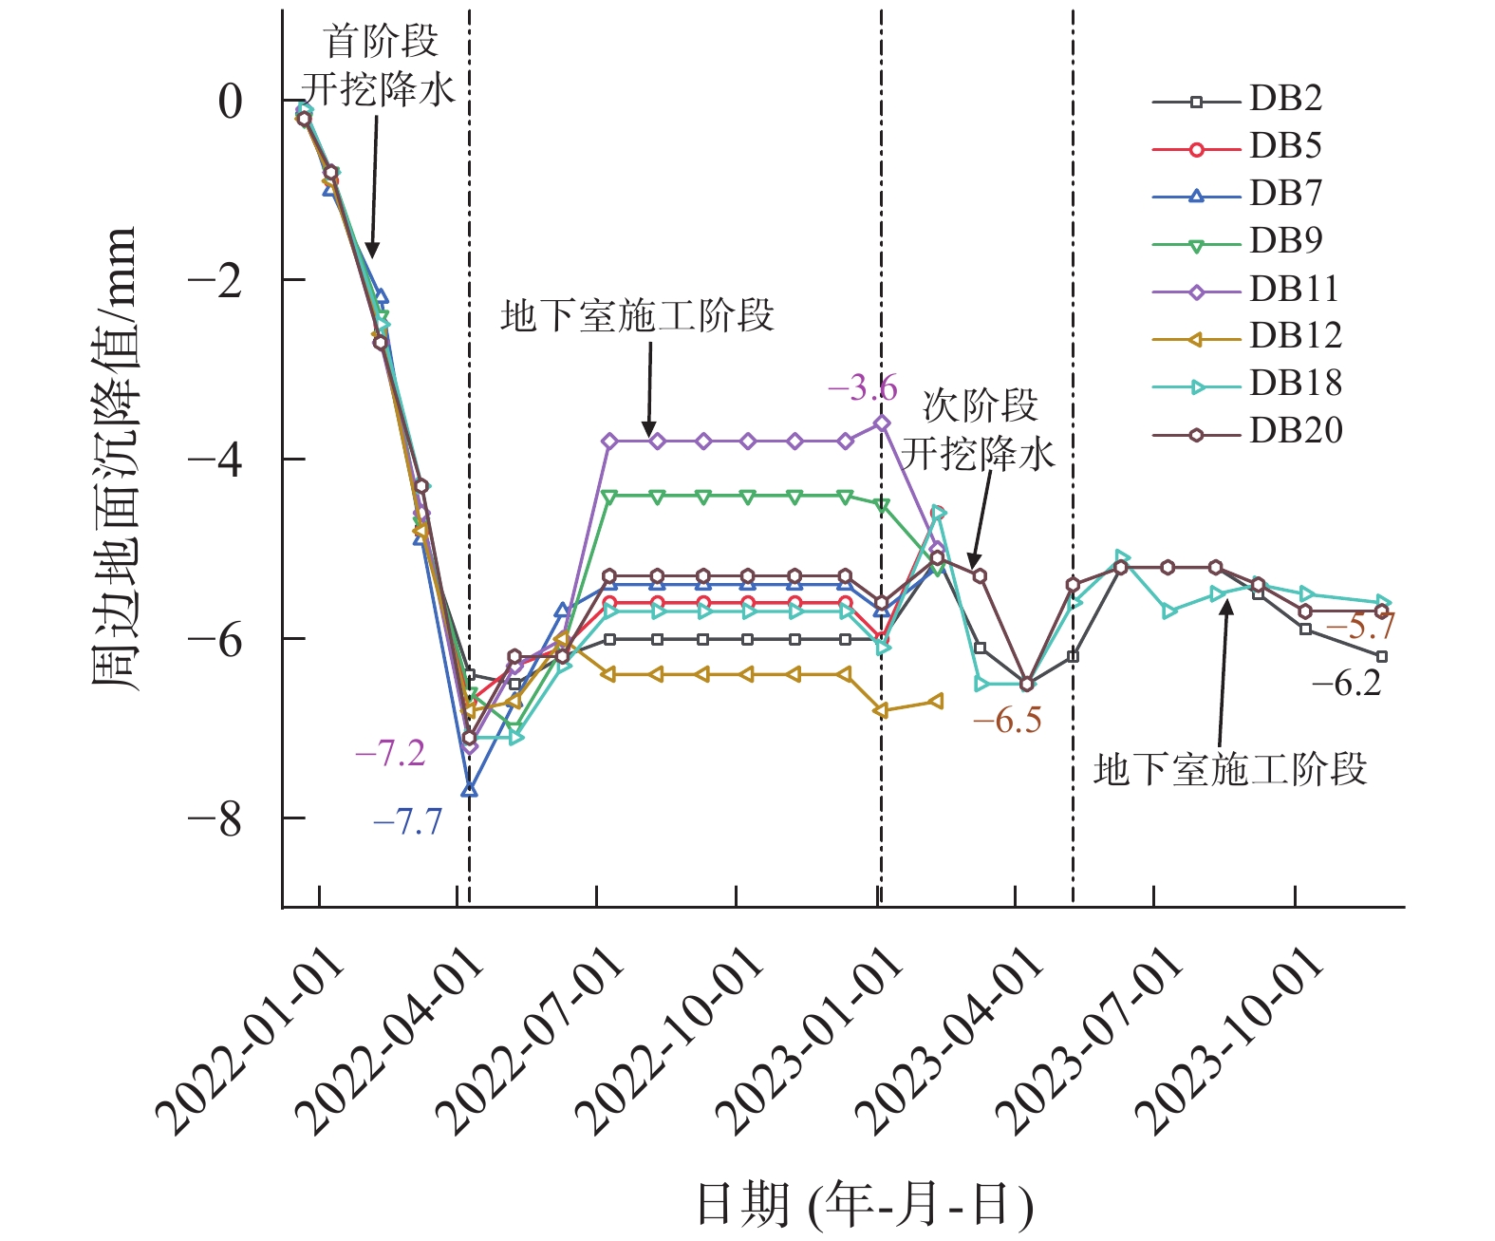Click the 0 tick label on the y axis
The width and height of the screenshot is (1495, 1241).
[231, 102]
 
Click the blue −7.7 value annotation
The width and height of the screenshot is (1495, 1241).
[408, 821]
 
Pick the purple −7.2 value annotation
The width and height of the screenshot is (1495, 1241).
[390, 754]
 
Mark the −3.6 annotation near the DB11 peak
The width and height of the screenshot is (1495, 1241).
[862, 387]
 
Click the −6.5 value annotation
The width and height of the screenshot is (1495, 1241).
[1007, 721]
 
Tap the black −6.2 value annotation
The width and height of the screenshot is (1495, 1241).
[1346, 683]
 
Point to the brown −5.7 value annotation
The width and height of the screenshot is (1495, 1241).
[1360, 627]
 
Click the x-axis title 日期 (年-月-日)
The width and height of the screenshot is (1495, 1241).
[865, 1204]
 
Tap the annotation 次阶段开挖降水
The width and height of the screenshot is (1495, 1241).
[979, 430]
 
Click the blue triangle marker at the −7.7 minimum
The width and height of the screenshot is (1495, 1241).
[469, 790]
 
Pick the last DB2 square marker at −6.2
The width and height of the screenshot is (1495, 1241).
[1382, 656]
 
